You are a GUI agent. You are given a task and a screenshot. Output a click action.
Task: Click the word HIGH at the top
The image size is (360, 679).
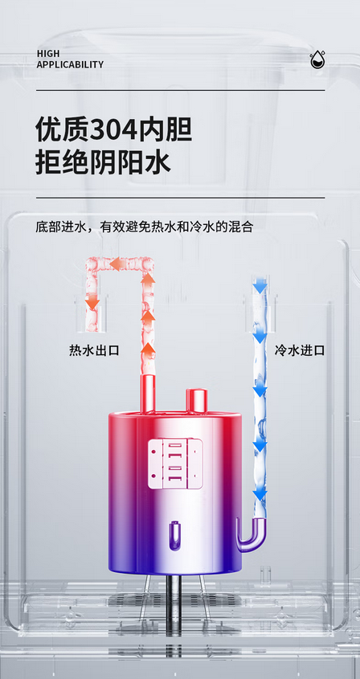click(x=48, y=54)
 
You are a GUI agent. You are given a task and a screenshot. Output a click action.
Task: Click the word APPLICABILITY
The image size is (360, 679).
click(x=70, y=64)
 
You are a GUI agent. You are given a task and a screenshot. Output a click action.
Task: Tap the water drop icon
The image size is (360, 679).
click(x=317, y=60)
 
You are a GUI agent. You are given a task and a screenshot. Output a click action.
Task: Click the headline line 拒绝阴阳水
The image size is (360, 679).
click(x=103, y=163)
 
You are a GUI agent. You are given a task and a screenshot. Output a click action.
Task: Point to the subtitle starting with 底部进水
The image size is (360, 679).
click(x=145, y=227)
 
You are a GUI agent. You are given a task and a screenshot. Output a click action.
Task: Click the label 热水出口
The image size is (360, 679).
click(x=94, y=350)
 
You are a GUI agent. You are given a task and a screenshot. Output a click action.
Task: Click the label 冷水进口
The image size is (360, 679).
click(x=300, y=350)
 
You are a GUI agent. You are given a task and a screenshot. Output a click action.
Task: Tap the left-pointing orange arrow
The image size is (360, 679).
click(x=119, y=264)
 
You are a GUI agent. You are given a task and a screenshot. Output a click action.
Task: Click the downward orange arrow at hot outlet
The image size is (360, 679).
click(x=92, y=301)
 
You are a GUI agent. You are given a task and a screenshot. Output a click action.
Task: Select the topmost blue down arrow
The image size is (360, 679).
click(x=260, y=285)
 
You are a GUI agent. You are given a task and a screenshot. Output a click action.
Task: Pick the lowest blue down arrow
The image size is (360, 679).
click(x=260, y=494)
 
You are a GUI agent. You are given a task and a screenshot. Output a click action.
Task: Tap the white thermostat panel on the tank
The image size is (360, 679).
click(x=175, y=464)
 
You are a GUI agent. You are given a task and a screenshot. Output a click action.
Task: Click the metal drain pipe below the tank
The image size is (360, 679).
click(x=174, y=605)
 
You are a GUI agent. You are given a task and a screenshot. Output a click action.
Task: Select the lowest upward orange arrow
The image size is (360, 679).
click(x=148, y=350)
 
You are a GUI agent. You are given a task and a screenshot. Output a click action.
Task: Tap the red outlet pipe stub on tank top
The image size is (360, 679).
click(x=148, y=394)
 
